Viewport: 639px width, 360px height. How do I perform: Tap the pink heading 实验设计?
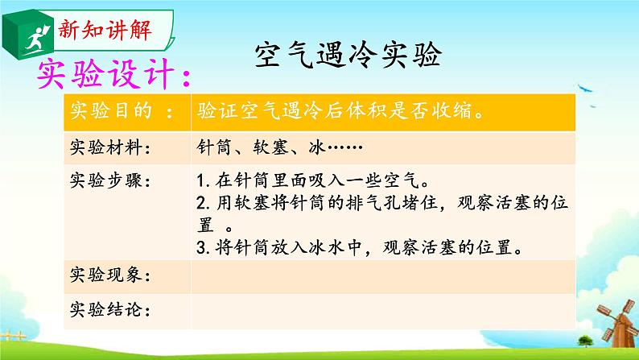click(113, 79)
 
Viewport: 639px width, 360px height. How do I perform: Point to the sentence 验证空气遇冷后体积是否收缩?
click(339, 113)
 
